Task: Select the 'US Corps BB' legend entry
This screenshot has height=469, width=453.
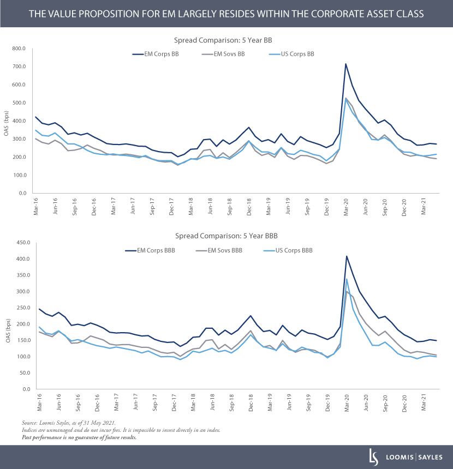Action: tap(293, 54)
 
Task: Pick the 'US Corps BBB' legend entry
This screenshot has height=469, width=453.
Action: tap(293, 250)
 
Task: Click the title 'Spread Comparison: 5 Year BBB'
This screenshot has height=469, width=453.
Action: tap(226, 236)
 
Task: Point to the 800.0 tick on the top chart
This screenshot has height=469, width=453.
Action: tap(19, 49)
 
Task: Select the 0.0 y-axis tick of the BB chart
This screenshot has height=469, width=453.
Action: tap(22, 193)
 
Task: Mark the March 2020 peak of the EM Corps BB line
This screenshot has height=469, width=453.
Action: tap(345, 64)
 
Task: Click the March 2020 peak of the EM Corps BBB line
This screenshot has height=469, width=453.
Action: tap(346, 256)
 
